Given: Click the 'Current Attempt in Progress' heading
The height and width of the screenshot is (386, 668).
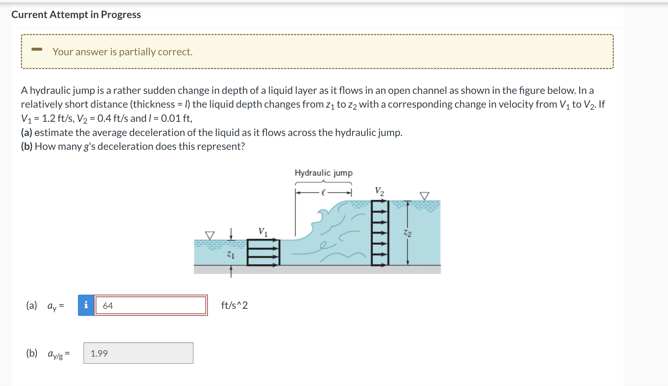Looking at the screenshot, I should [76, 15].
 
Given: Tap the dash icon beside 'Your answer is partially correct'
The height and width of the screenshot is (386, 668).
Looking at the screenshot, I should [37, 49].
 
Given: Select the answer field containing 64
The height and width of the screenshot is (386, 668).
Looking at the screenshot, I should [151, 305].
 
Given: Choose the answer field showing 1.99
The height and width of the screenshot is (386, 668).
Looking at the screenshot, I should [138, 353].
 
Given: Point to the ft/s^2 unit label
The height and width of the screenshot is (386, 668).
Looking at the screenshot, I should [234, 305].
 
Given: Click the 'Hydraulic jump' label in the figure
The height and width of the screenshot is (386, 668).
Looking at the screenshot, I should [323, 173].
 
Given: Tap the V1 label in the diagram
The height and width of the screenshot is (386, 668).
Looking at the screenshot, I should [263, 232].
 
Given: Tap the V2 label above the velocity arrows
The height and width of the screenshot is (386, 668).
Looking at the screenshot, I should [379, 191].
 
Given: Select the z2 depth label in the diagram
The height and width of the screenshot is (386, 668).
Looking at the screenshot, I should [408, 233].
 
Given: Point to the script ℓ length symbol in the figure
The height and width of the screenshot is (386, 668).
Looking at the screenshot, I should [323, 193].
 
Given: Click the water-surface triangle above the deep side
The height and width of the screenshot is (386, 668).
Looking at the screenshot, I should [424, 196].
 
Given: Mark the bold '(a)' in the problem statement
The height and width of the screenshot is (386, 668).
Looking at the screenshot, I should [27, 132].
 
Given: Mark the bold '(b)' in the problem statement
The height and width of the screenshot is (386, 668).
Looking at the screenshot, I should [27, 146].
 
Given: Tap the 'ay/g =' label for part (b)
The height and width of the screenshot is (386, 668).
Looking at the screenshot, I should [58, 354].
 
